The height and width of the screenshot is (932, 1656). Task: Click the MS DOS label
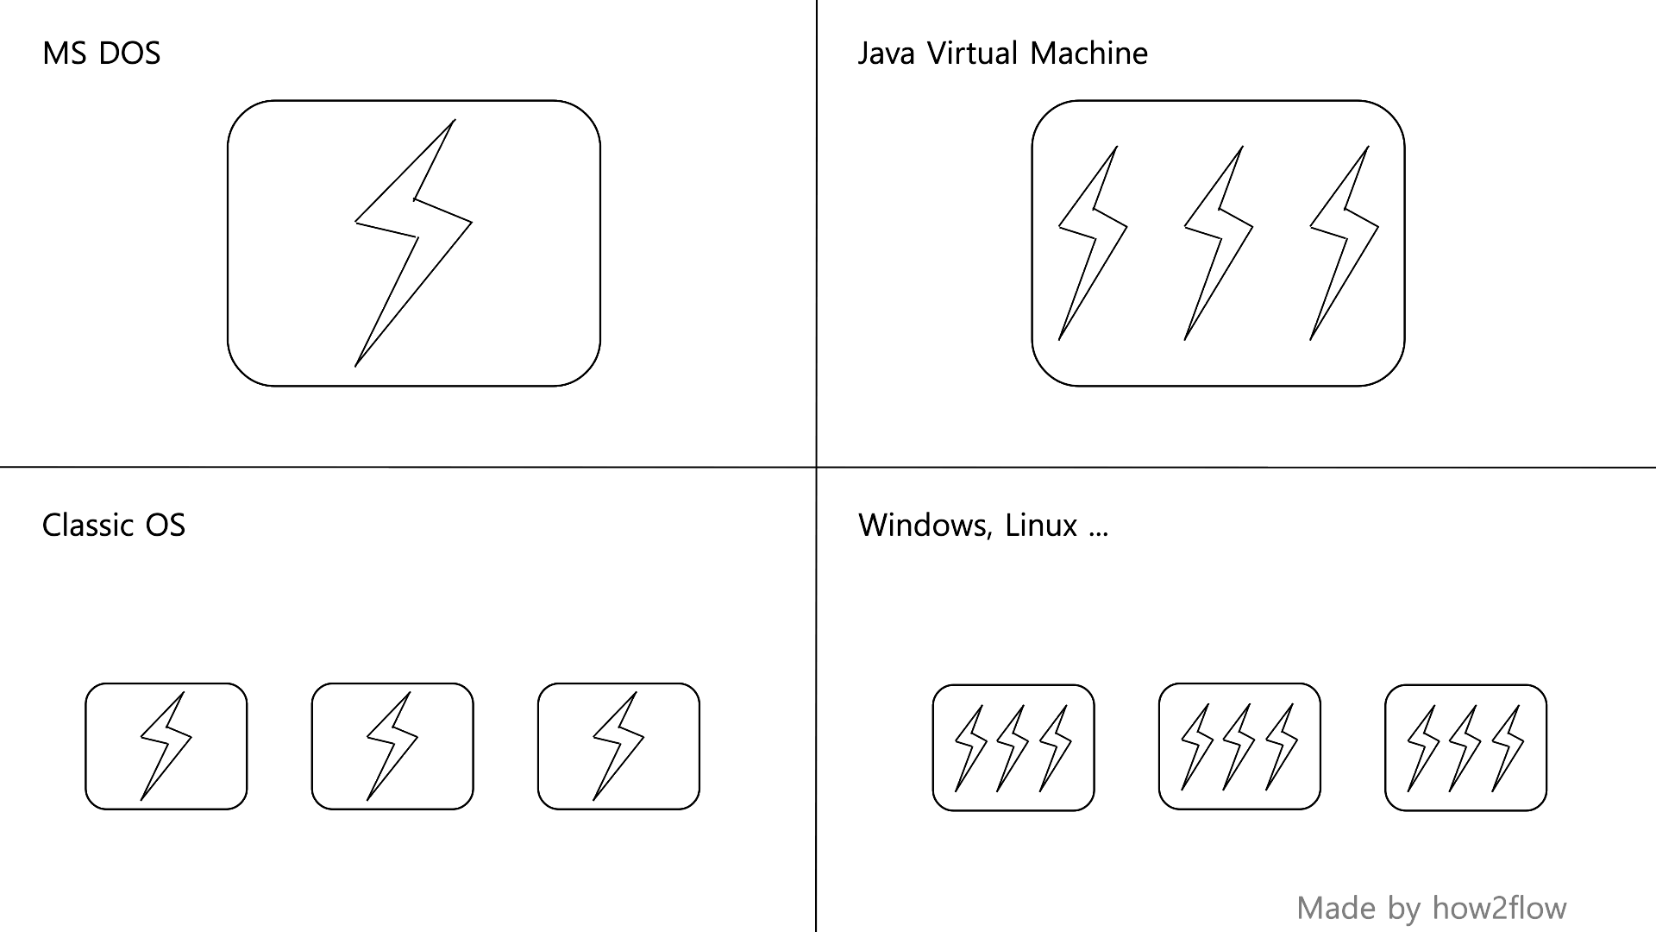[101, 54]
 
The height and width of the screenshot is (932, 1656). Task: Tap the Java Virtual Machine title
[1002, 54]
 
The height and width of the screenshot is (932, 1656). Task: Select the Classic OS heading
[113, 525]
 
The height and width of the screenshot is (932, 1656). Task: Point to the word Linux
[1040, 525]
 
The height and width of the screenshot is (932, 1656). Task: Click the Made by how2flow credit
[1431, 908]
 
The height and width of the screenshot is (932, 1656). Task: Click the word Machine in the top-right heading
[1088, 54]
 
